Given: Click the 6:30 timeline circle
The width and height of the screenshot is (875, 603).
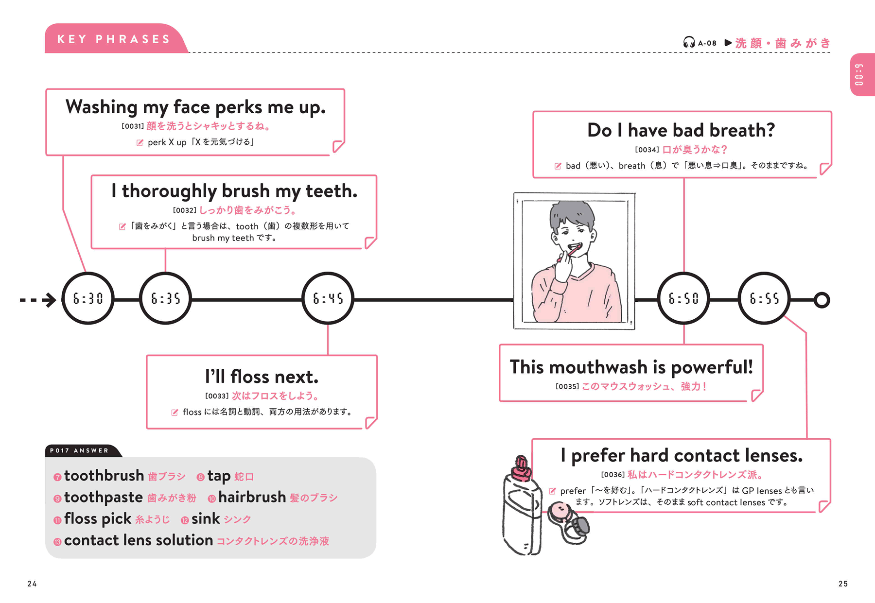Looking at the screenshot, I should click(x=88, y=298).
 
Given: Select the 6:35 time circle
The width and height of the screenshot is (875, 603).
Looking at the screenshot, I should click(x=165, y=298).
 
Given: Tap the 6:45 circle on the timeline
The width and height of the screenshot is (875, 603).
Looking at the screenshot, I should click(x=328, y=298).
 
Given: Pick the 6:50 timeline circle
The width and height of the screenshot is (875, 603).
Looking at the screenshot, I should click(x=683, y=298).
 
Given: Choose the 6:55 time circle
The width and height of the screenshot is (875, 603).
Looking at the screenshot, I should click(x=764, y=298).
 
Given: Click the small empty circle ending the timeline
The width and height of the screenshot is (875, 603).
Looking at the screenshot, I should click(x=822, y=300).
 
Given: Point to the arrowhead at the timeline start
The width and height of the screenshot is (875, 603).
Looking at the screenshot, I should click(x=50, y=300).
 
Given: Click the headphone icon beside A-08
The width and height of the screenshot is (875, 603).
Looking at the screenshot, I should click(x=689, y=43).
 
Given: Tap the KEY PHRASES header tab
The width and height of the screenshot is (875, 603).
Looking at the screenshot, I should click(x=114, y=39).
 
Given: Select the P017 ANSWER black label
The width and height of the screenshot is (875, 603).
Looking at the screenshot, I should click(x=80, y=450).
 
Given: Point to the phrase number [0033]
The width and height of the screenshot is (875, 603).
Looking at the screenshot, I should click(x=217, y=396).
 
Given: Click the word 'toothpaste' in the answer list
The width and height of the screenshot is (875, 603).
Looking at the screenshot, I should click(x=103, y=498).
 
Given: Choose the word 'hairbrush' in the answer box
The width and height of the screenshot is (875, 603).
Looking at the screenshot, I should click(x=252, y=498).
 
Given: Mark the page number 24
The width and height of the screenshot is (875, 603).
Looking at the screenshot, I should click(x=32, y=584).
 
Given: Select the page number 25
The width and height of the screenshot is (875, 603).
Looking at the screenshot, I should click(x=843, y=584).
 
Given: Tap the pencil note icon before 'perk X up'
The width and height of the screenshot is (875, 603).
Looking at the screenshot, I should click(x=140, y=142).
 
